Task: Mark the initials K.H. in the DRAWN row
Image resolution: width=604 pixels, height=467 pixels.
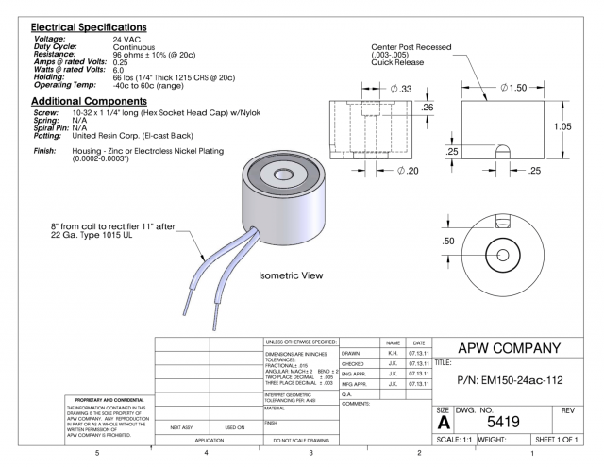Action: tap(392, 353)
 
